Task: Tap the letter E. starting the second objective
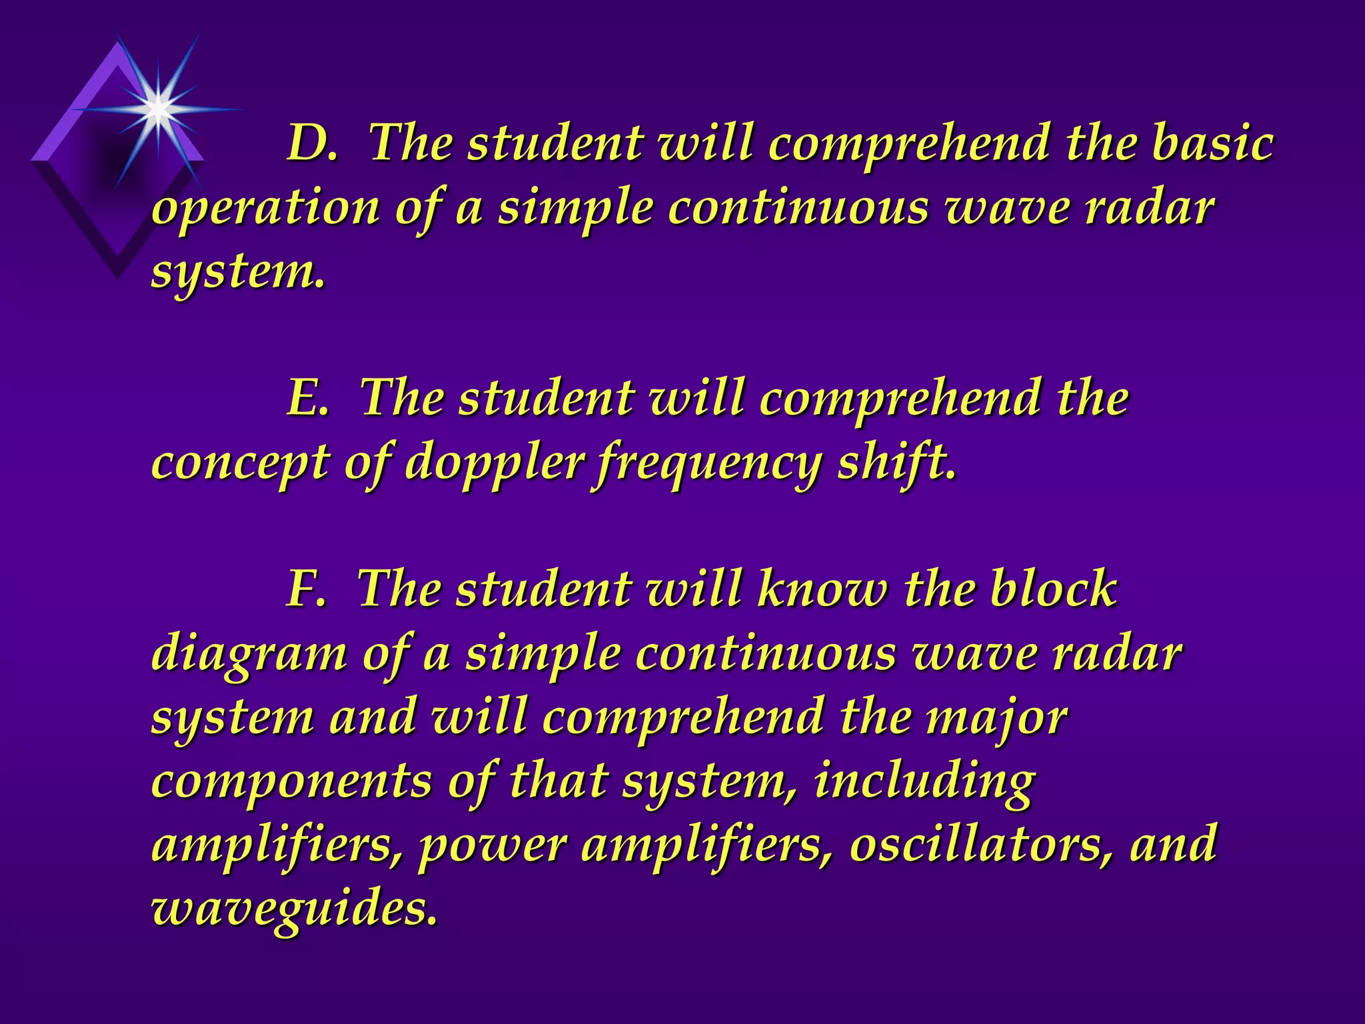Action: coord(308,398)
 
